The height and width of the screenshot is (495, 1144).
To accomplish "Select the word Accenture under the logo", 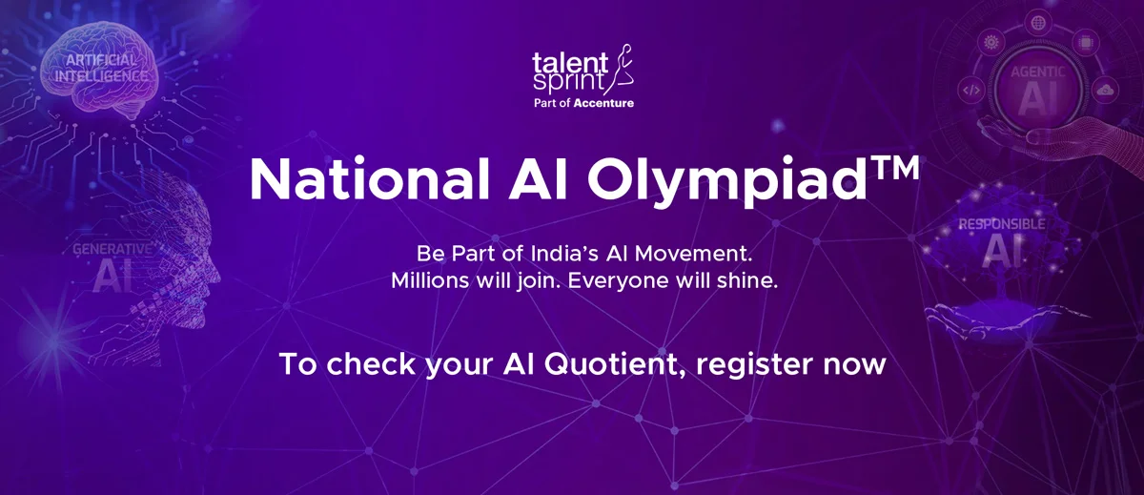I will tap(603, 102).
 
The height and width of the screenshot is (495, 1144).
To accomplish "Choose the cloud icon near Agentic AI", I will tap(1106, 90).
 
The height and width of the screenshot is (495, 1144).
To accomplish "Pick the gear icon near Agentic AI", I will tap(991, 43).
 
